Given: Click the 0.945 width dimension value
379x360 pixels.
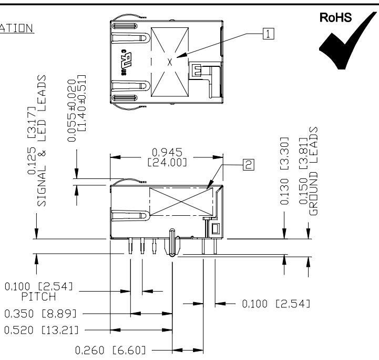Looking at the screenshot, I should click(x=166, y=153).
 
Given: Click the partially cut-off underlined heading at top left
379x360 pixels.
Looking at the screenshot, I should click(x=17, y=27).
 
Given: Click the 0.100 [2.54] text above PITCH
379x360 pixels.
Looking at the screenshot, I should click(x=39, y=287).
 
